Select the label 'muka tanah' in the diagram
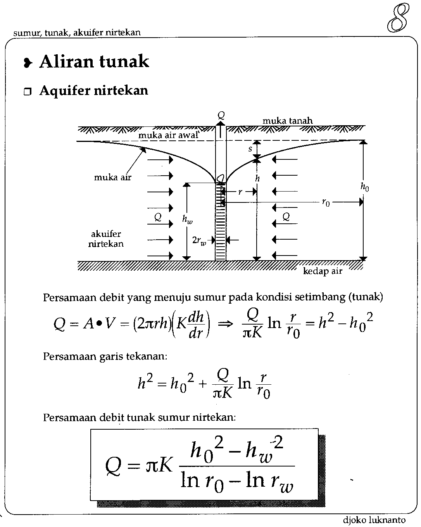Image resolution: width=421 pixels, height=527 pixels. [x=287, y=121]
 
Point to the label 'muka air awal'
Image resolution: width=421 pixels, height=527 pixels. [x=168, y=135]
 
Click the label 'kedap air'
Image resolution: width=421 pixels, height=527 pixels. [x=323, y=271]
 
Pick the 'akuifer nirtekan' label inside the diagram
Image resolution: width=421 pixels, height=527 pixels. [x=106, y=239]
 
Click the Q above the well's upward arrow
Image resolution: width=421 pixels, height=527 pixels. [x=221, y=115]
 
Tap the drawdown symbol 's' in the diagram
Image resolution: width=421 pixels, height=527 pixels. [x=250, y=149]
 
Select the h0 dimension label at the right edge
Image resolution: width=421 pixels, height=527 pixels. [x=364, y=187]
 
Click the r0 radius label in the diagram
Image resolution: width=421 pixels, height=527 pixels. [x=326, y=202]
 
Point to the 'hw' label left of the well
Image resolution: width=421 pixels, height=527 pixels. [x=187, y=219]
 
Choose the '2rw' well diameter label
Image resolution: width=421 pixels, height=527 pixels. [x=198, y=240]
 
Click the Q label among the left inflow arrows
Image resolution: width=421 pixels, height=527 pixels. [x=158, y=217]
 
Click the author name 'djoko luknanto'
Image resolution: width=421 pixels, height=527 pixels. [x=374, y=520]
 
